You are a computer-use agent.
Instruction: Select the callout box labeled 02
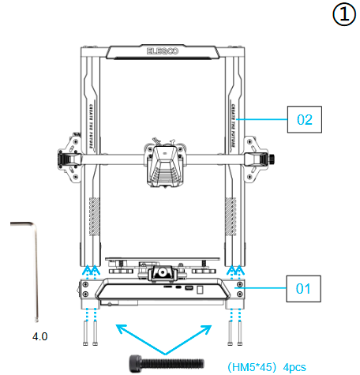pos(305,120)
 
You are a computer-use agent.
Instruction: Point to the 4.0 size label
pos(39,336)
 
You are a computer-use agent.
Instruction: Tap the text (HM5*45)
pos(252,366)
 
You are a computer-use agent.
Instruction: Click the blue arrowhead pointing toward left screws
pos(118,324)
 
